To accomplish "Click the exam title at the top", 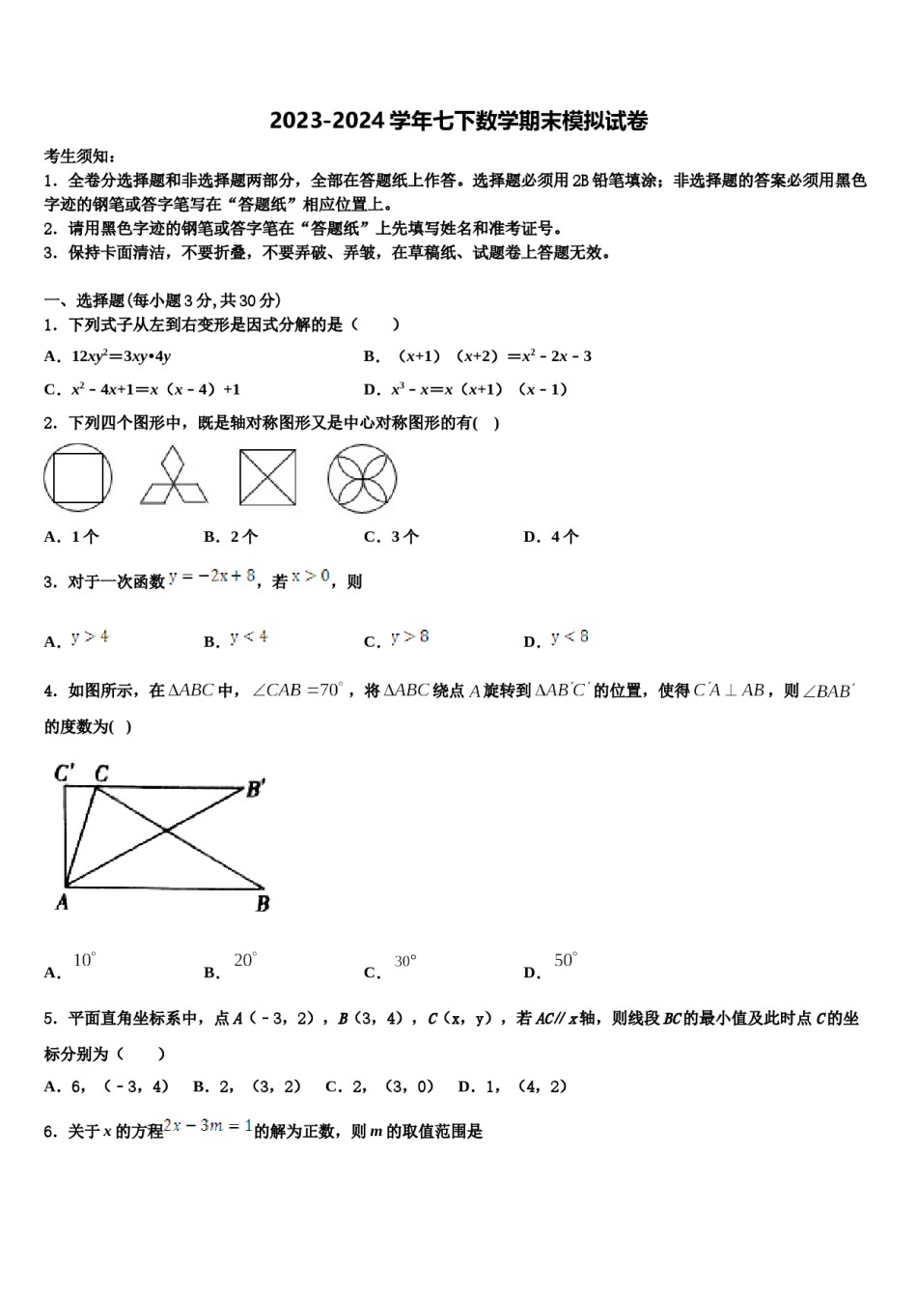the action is pos(458,121).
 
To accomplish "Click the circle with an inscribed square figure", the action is pos(77,478).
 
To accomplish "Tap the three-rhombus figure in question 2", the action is pos(174,476).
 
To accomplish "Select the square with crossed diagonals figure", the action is pos(267,478).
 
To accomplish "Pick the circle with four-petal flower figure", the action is pos(362,478).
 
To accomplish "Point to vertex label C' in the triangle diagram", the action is pos(65,773).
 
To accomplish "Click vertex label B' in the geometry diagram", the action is pos(256,789).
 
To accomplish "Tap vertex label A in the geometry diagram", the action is pos(62,902).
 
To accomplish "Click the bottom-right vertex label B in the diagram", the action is pos(263,904).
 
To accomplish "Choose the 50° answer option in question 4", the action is pos(565,960).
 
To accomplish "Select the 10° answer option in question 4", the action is pos(84,960).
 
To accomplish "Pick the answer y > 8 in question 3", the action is pos(410,636).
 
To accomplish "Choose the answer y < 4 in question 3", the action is pos(249,636).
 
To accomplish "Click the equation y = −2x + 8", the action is pos(212,577).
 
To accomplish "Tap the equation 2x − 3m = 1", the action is pos(208,1126).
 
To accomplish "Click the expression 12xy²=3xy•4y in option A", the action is pos(121,356).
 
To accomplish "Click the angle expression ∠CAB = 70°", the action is pos(297,691).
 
